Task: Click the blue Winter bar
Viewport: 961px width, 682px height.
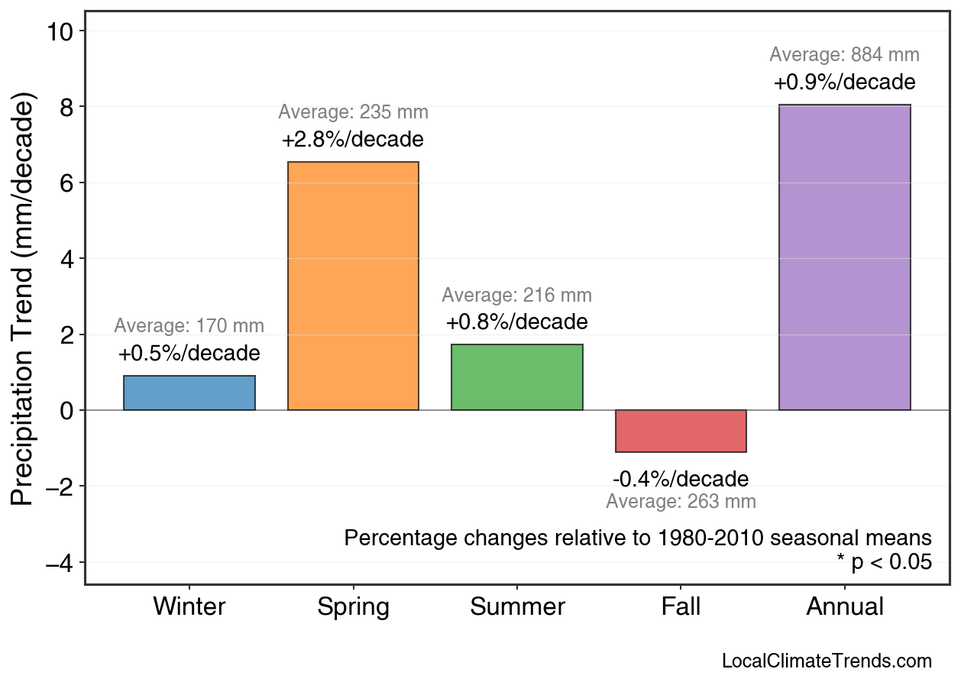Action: [189, 393]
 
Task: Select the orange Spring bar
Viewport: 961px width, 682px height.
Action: [353, 286]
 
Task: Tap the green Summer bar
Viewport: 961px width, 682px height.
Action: [516, 377]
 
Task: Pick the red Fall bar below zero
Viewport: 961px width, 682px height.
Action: [681, 431]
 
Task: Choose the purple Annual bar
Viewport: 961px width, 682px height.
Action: [844, 257]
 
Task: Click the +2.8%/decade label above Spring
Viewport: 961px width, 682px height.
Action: [352, 141]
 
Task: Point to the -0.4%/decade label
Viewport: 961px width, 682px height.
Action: [681, 480]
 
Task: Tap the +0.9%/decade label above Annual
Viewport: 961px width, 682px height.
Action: [844, 82]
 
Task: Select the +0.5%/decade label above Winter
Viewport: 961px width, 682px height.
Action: [189, 354]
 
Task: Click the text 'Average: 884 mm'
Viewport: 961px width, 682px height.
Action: [844, 55]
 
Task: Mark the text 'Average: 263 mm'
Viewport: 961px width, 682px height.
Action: [681, 502]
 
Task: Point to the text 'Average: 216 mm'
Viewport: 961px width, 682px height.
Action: [516, 296]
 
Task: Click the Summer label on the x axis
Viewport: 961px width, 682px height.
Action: [517, 607]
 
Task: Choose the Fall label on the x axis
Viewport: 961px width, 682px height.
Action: [681, 607]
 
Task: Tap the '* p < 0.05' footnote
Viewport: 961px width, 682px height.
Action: [884, 563]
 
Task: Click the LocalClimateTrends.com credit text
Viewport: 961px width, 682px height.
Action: [827, 661]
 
